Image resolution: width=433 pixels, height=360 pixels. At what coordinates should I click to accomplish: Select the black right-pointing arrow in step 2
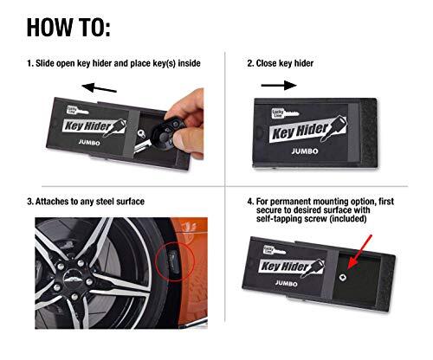click(277, 86)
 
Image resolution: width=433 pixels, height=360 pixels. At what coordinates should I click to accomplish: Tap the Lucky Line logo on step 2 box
click(268, 115)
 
